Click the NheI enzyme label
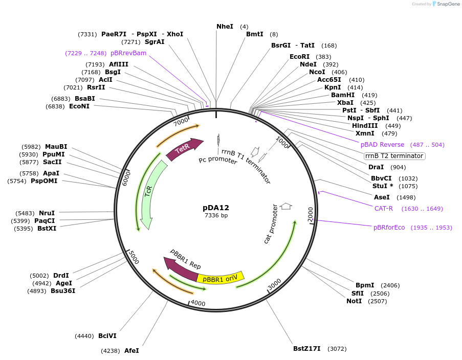point(225,26)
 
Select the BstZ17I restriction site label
point(306,349)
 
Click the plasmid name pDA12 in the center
point(216,208)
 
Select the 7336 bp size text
point(216,215)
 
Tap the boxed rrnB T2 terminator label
point(394,156)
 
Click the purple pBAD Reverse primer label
point(382,145)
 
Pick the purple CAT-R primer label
point(383,209)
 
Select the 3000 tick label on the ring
point(274,284)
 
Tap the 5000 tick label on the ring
point(133,257)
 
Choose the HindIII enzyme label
point(365,126)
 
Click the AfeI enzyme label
point(131,351)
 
